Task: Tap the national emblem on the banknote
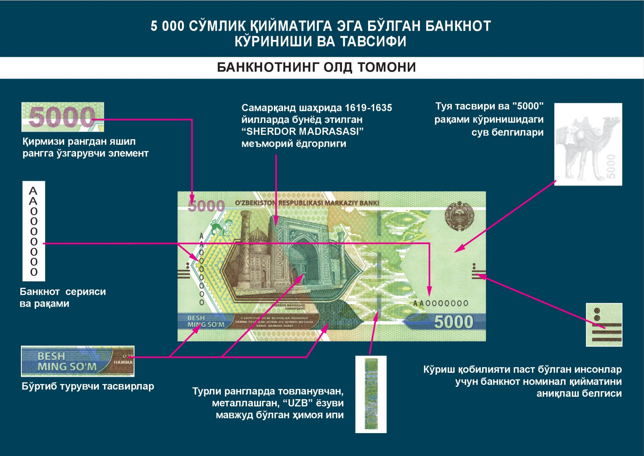pos(459,216)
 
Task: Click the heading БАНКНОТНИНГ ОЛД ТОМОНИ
pos(316,67)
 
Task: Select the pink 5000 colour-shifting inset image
pos(62,117)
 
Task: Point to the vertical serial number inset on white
pos(33,231)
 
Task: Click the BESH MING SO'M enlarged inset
pos(77,361)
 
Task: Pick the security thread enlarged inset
pos(371,394)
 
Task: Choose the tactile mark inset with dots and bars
pos(604,325)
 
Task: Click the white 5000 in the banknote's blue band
pos(453,322)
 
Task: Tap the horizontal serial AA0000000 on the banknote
pos(440,303)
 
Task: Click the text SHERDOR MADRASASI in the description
pos(303,132)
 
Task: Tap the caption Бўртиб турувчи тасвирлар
pos(88,386)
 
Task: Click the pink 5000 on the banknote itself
pos(206,206)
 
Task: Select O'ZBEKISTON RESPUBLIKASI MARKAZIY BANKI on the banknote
pos(307,203)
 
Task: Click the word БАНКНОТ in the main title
pos(458,26)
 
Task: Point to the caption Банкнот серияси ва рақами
pos(62,297)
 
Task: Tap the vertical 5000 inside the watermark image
pos(611,166)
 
